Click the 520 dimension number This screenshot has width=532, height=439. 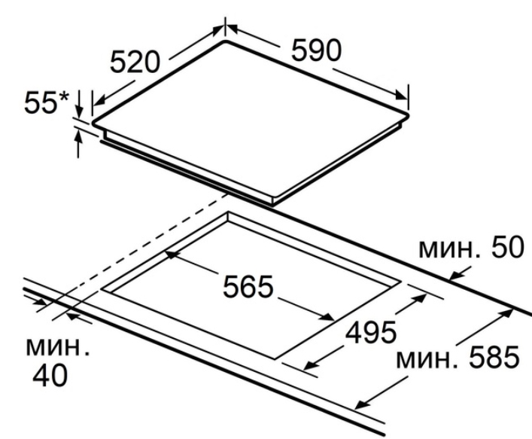(x=135, y=62)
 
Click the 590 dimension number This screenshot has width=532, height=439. (x=316, y=50)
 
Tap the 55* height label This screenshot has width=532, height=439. (x=47, y=102)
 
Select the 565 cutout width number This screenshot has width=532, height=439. (x=248, y=287)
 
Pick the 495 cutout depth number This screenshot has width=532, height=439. (x=370, y=332)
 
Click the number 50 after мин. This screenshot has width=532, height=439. (x=508, y=247)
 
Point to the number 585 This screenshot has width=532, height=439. (x=494, y=357)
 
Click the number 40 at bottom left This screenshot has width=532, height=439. (x=50, y=376)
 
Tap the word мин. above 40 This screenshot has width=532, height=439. (x=58, y=347)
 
